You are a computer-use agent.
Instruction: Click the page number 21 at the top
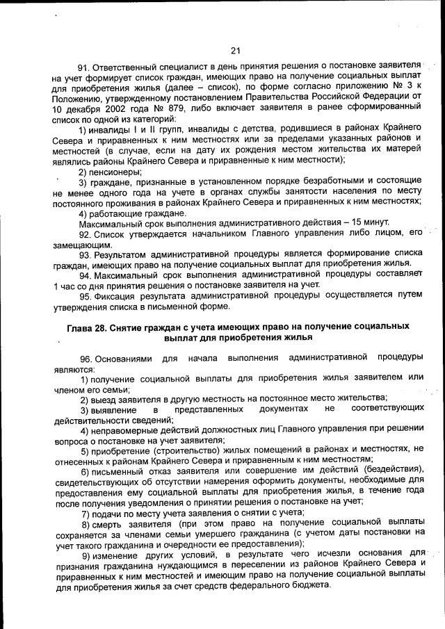point(234,50)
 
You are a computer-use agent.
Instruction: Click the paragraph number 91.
point(83,67)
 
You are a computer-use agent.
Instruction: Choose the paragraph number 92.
point(84,233)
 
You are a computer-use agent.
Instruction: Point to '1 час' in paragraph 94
point(65,285)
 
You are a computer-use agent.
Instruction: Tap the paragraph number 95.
point(84,297)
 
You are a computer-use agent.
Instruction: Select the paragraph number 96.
point(84,357)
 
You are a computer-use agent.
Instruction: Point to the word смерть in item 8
point(108,523)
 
